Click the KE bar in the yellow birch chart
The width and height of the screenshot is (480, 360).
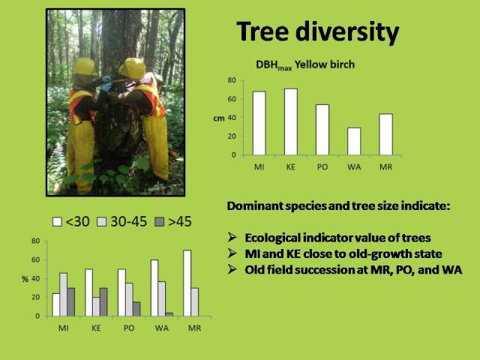291,121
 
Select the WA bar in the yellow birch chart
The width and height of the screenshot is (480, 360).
354,142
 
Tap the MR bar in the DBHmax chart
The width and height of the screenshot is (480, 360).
385,134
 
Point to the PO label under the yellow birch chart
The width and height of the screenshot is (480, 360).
322,167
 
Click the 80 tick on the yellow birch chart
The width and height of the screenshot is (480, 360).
232,80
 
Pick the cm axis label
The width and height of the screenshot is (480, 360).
218,118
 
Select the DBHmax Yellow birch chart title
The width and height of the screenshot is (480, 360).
305,65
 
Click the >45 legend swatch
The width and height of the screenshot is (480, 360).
160,222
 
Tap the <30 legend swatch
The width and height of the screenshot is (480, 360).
57,222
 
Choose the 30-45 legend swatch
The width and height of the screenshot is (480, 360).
102,222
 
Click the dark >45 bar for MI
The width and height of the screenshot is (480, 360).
71,301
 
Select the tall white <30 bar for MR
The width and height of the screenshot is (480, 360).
187,283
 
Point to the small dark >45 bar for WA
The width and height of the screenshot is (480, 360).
169,314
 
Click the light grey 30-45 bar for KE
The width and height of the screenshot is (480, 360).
97,307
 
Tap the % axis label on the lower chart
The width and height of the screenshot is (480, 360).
25,279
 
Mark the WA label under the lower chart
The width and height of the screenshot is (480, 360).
162,328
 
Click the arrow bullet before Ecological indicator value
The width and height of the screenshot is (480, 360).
232,237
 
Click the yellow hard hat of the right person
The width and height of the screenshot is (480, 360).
133,67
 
